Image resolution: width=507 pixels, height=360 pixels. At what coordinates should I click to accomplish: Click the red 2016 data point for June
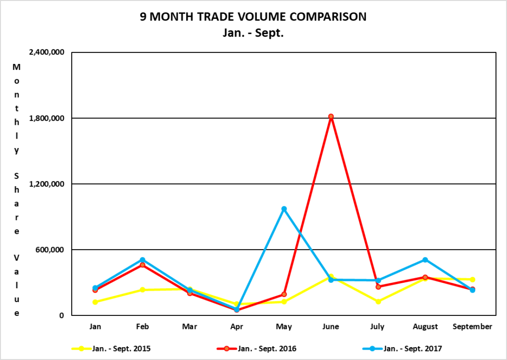tap(331, 117)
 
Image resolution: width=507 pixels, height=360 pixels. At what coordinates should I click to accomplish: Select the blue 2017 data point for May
tap(284, 209)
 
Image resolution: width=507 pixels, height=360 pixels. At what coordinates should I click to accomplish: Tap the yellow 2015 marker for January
tap(95, 302)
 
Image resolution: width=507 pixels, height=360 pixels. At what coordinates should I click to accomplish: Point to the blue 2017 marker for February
tap(142, 260)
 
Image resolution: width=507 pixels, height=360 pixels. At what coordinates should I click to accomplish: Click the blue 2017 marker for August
tap(425, 260)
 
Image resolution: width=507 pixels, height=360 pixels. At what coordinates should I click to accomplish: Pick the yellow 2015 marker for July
tap(378, 301)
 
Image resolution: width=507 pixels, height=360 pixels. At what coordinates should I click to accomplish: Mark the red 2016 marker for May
tap(284, 294)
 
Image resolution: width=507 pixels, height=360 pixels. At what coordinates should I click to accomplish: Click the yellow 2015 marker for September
tap(472, 280)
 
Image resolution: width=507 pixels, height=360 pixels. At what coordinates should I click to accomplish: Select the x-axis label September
tap(472, 327)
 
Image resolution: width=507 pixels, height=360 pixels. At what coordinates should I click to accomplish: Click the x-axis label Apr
tap(237, 327)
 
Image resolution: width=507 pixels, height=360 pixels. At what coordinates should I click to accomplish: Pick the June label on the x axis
tap(331, 327)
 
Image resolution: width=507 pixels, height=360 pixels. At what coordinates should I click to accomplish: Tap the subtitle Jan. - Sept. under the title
tap(253, 34)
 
